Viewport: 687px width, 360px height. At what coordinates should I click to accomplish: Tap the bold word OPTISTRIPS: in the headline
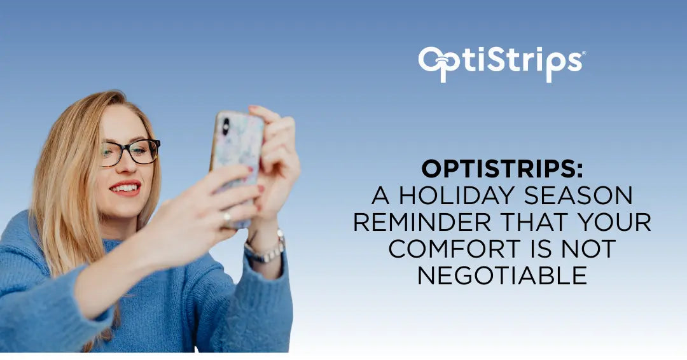click(x=502, y=169)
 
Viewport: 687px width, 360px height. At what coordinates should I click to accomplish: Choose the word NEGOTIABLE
click(x=502, y=275)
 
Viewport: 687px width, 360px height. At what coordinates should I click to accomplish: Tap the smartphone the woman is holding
click(x=236, y=167)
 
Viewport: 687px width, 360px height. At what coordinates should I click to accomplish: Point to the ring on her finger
click(x=226, y=218)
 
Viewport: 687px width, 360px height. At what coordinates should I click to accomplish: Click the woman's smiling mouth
click(x=125, y=188)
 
